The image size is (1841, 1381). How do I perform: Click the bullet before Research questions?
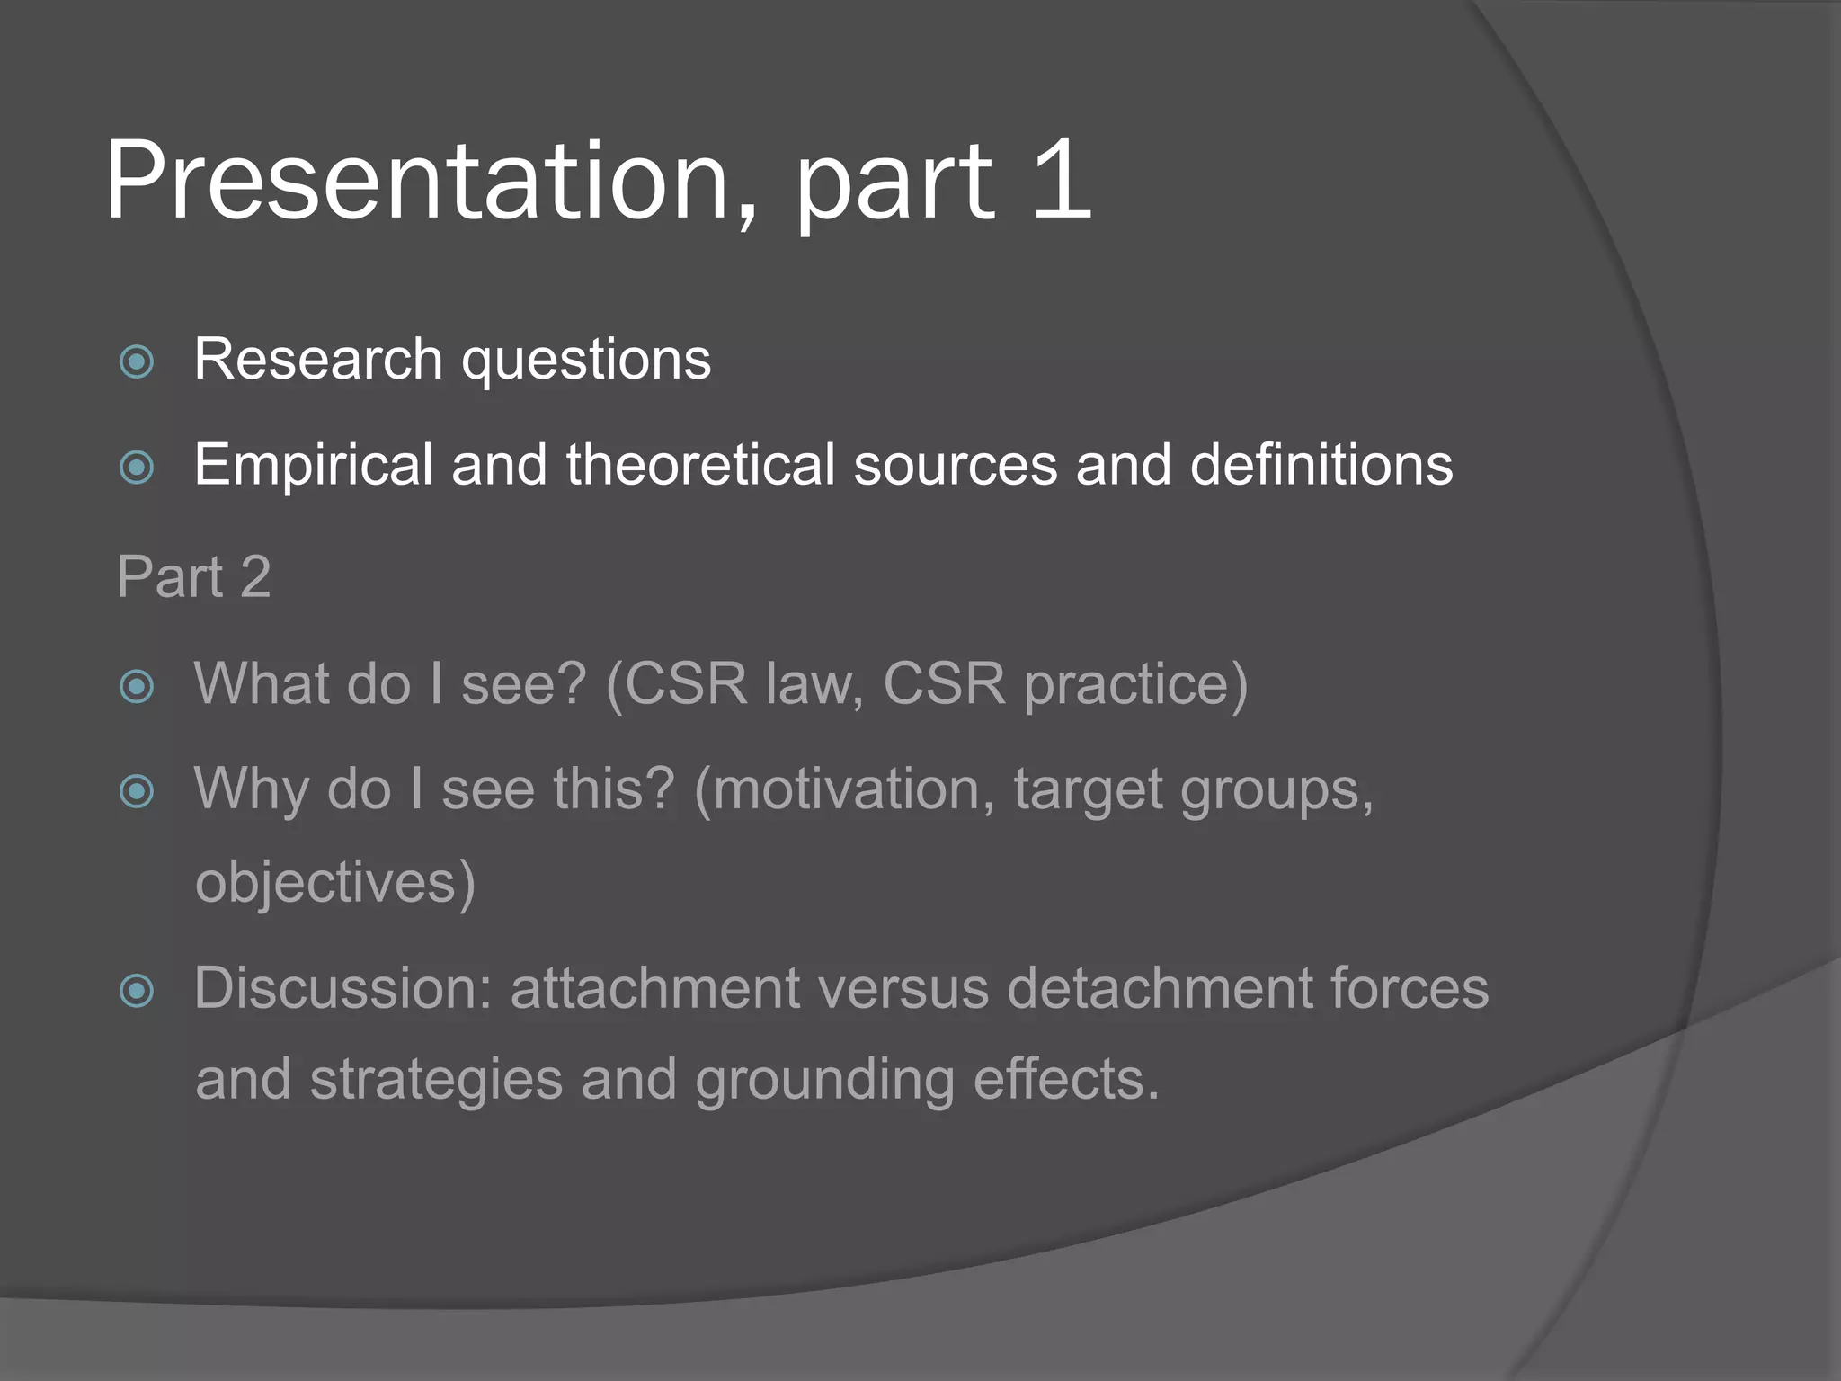coord(137,362)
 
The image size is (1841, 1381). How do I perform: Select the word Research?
coord(317,360)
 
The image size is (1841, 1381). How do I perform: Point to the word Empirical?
coord(313,466)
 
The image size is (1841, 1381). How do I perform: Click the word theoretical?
coord(700,466)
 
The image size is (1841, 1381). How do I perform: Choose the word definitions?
coord(1321,466)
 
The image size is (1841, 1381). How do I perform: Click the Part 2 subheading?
coord(193,576)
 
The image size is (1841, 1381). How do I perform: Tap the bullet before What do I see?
coord(137,687)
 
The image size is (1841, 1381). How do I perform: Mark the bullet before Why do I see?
coord(137,792)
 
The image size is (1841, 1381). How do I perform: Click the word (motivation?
coord(844,790)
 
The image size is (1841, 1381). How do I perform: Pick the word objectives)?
coord(334,883)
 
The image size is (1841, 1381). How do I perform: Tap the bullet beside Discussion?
coord(137,992)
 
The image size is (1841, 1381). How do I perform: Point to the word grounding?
coord(824,1080)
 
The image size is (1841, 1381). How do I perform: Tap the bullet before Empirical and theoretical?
coord(137,468)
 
